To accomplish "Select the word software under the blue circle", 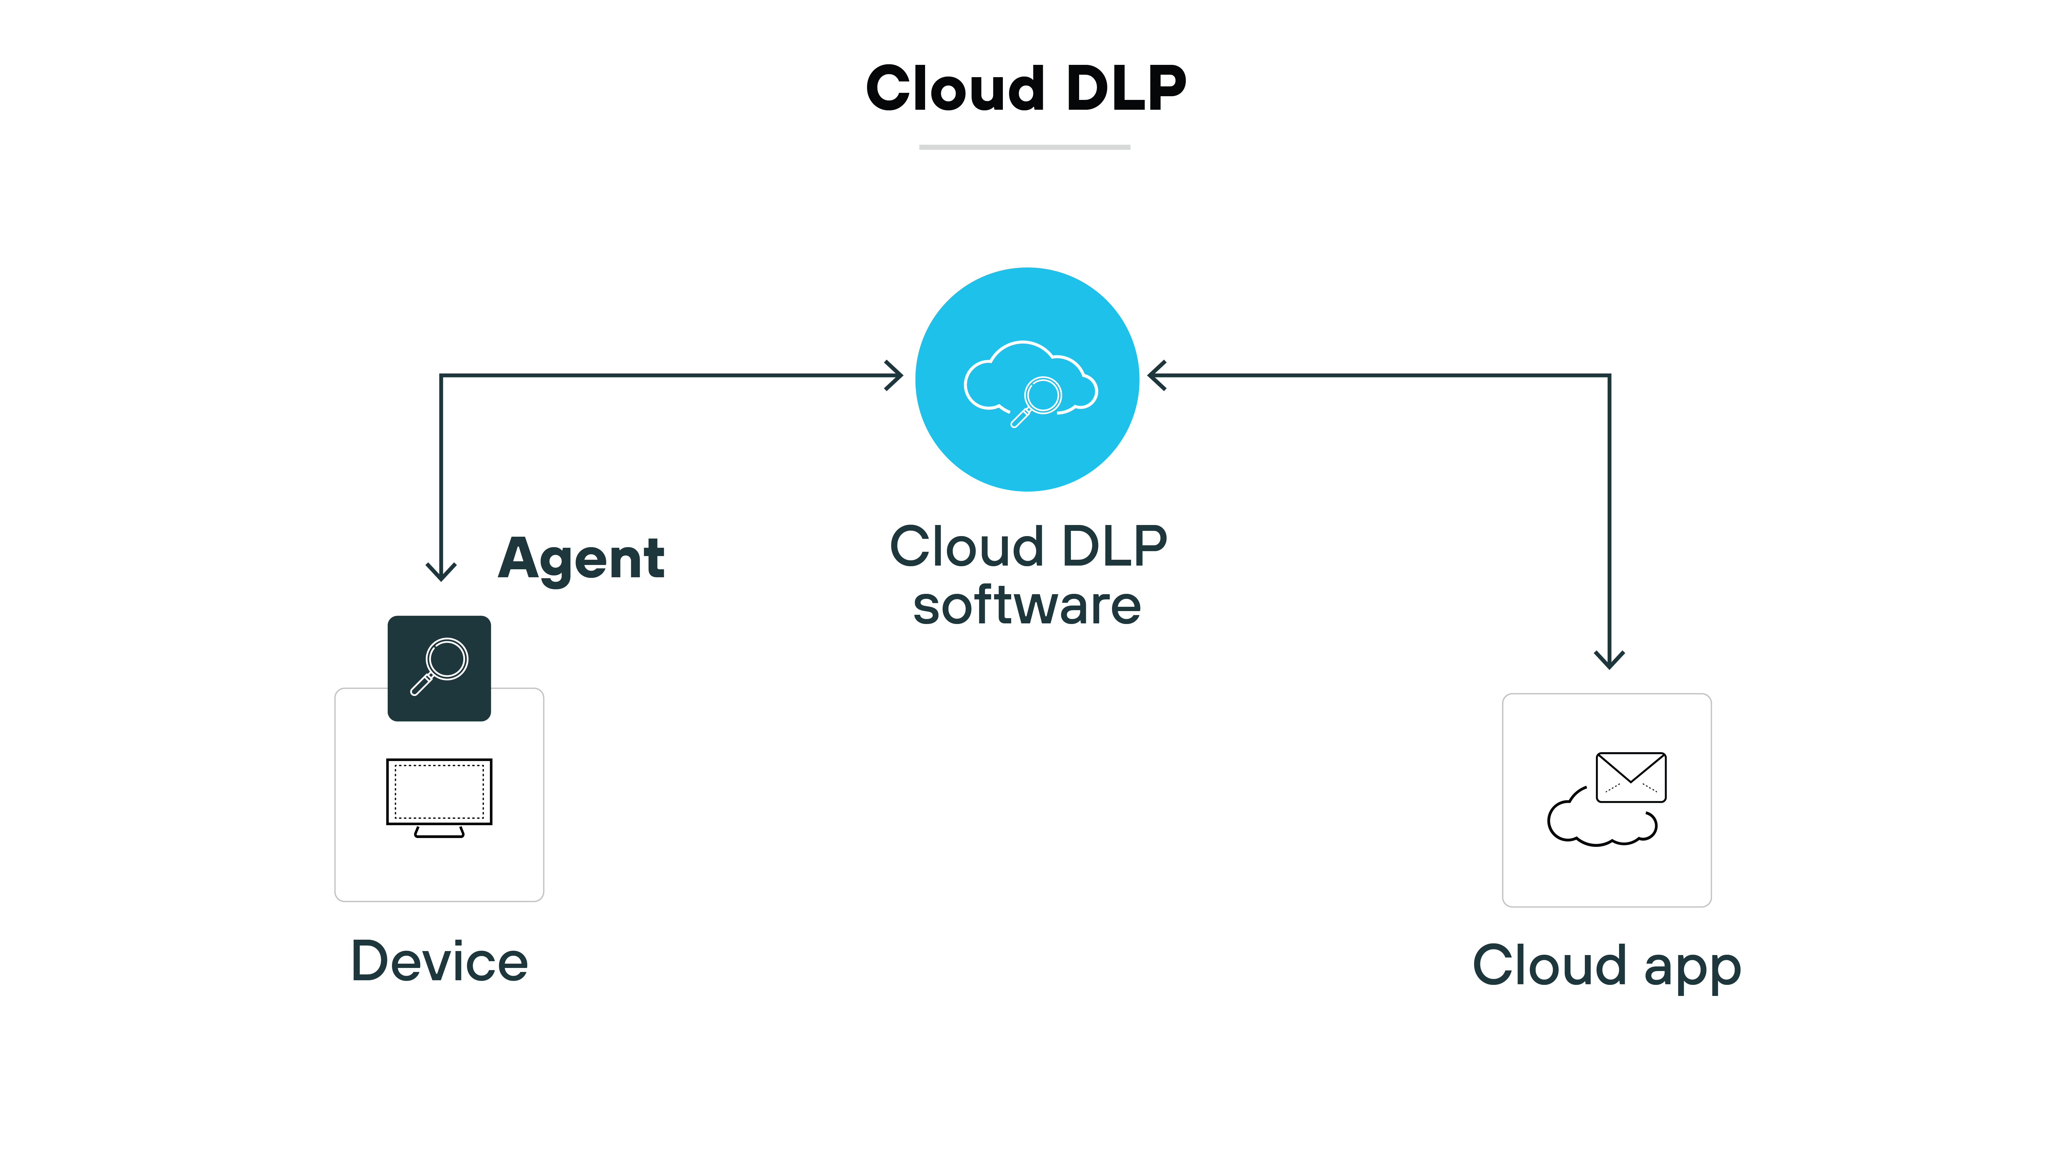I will [x=1027, y=606].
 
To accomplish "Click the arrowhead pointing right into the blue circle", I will [x=895, y=376].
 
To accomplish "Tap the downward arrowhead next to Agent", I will [x=441, y=571].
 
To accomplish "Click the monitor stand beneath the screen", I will [x=439, y=832].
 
